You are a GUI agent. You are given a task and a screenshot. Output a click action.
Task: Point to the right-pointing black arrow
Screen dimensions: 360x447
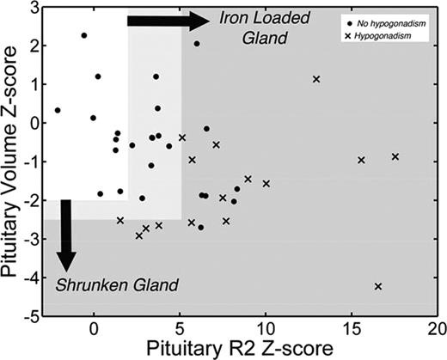pos(167,21)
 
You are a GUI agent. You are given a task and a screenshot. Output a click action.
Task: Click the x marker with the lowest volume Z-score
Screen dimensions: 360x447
pos(378,285)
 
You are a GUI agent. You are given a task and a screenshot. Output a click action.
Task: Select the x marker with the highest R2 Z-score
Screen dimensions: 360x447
pos(395,156)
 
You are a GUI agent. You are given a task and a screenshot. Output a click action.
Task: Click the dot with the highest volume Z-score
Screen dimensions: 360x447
pos(83,35)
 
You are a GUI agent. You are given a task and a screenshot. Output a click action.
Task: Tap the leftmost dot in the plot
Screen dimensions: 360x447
pos(58,110)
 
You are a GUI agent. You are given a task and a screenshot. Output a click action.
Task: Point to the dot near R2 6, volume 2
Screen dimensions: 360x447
pos(197,43)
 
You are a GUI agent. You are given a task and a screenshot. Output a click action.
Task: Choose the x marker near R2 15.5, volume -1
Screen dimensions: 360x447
pos(361,160)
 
